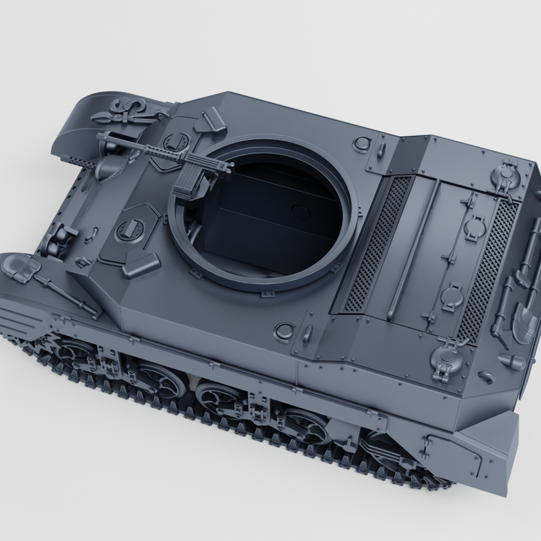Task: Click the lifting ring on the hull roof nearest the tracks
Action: point(285,331)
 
